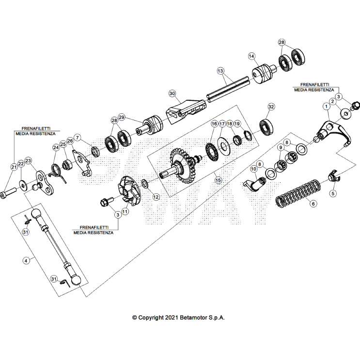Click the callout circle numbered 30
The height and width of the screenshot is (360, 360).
tap(172, 93)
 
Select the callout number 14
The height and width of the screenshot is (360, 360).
tap(251, 56)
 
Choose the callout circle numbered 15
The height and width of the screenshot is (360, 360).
tap(218, 180)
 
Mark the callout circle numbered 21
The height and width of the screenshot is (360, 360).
tap(14, 167)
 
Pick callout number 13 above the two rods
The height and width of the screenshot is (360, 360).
tap(220, 71)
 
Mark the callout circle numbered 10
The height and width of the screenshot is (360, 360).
tap(253, 169)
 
